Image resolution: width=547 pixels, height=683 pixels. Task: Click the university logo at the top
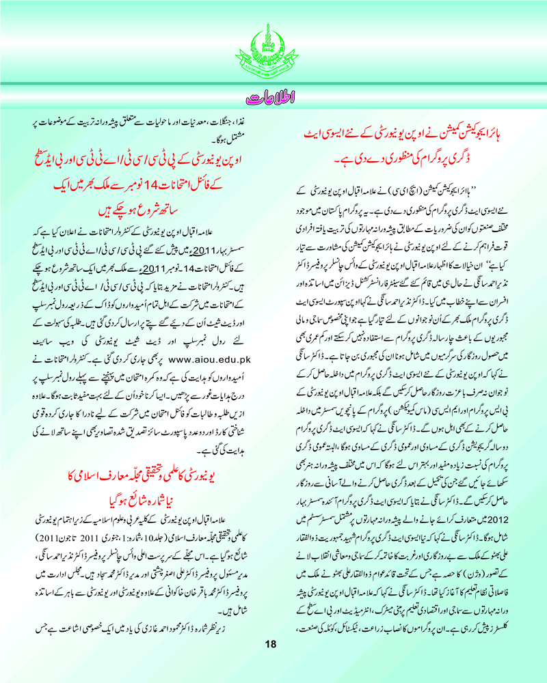(x=273, y=45)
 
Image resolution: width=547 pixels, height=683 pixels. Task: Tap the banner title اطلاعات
(x=273, y=96)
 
